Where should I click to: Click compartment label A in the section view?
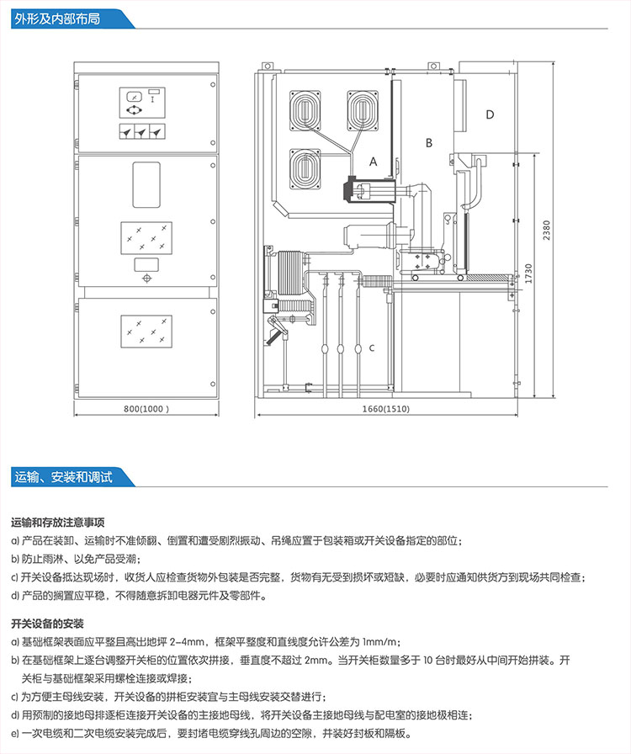point(374,159)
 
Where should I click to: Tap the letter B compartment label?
point(428,143)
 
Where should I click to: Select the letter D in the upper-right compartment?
point(490,114)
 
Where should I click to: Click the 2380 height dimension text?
point(547,230)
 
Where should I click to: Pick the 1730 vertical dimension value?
point(528,273)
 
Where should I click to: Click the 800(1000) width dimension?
point(147,409)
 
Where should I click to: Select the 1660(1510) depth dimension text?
point(386,409)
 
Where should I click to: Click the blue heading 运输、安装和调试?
point(63,476)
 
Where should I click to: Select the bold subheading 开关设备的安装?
point(48,624)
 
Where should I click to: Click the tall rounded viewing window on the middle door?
point(146,184)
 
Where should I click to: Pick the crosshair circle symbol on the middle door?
point(146,279)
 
